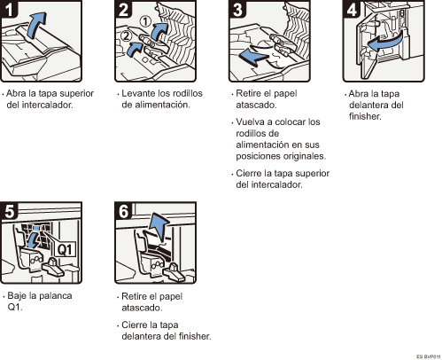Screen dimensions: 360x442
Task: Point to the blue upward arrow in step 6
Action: (x=159, y=225)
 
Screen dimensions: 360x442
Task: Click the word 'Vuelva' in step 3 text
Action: (x=252, y=121)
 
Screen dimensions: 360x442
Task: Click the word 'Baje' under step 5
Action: (x=19, y=295)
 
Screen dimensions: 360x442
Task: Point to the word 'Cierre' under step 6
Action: (x=136, y=325)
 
